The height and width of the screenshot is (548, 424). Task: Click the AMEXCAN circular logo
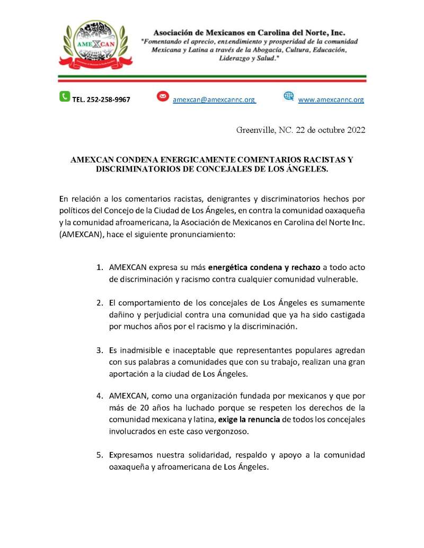pyautogui.click(x=95, y=45)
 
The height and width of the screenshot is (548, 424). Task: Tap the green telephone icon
pyautogui.click(x=64, y=96)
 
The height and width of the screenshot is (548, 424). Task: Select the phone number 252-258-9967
pyautogui.click(x=101, y=100)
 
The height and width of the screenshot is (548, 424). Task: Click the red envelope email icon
pyautogui.click(x=163, y=96)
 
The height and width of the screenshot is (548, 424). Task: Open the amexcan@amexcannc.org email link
pyautogui.click(x=214, y=100)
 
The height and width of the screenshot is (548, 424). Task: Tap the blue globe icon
pyautogui.click(x=288, y=96)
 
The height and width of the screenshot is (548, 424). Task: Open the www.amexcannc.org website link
pyautogui.click(x=331, y=100)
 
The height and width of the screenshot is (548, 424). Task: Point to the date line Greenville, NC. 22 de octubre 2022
pyautogui.click(x=301, y=130)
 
